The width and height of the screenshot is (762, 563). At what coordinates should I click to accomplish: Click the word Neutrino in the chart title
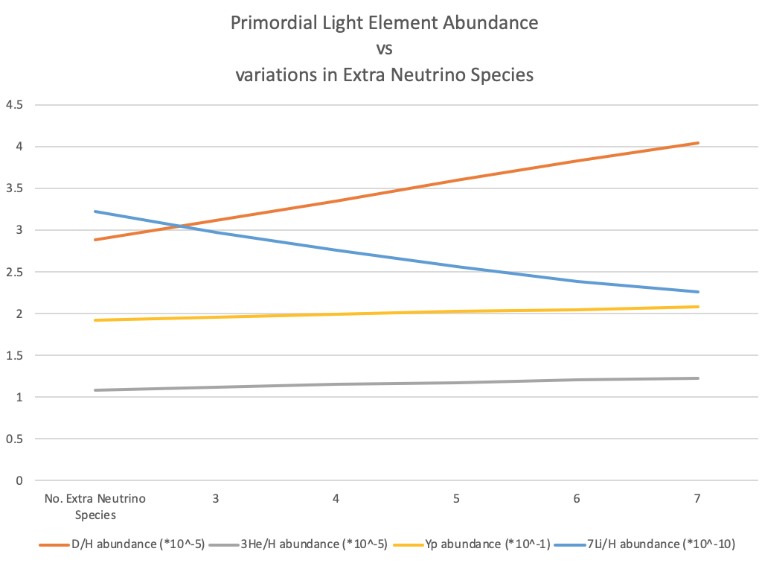pos(414,75)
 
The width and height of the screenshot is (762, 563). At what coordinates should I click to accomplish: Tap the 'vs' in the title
pos(384,49)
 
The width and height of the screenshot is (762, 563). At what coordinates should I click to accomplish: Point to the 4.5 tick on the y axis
pos(15,104)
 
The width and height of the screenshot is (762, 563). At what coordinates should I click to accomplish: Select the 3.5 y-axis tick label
pos(15,188)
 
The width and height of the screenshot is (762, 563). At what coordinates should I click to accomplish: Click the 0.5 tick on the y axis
pos(15,439)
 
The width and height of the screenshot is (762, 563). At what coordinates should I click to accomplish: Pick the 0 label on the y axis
pos(19,480)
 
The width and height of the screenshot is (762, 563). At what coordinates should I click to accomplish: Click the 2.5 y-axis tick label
pos(15,272)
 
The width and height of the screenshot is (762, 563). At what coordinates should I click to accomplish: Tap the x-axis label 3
pos(216,498)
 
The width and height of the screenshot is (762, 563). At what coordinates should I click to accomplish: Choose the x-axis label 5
pos(456,498)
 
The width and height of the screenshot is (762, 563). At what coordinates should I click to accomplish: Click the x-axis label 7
pos(697,498)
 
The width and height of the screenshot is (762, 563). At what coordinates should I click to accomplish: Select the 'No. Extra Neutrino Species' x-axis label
pos(95,505)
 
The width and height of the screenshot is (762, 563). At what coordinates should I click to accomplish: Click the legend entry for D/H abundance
pos(123,544)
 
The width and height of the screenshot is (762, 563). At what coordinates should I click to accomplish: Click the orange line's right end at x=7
pos(697,143)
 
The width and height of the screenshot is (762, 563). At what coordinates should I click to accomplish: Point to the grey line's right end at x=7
pos(697,378)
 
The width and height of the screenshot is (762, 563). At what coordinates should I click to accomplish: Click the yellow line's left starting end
pos(95,320)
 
